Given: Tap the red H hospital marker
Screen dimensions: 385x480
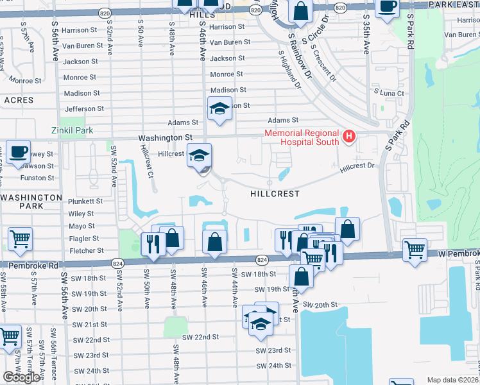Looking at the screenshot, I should pyautogui.click(x=348, y=136).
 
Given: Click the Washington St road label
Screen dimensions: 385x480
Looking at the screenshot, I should pyautogui.click(x=166, y=137).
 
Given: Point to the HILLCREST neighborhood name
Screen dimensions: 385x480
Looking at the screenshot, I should pyautogui.click(x=274, y=193).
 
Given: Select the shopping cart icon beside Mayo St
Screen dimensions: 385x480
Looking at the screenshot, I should pyautogui.click(x=20, y=239).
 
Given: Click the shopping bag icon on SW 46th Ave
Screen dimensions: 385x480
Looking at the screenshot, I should pyautogui.click(x=215, y=241).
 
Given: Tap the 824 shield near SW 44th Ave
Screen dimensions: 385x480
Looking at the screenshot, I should pyautogui.click(x=261, y=259).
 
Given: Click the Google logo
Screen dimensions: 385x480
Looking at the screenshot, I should pyautogui.click(x=21, y=377).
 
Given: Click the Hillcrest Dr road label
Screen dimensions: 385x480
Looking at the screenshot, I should pyautogui.click(x=357, y=166).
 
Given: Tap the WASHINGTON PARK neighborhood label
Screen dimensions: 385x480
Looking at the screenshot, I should pyautogui.click(x=32, y=201).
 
